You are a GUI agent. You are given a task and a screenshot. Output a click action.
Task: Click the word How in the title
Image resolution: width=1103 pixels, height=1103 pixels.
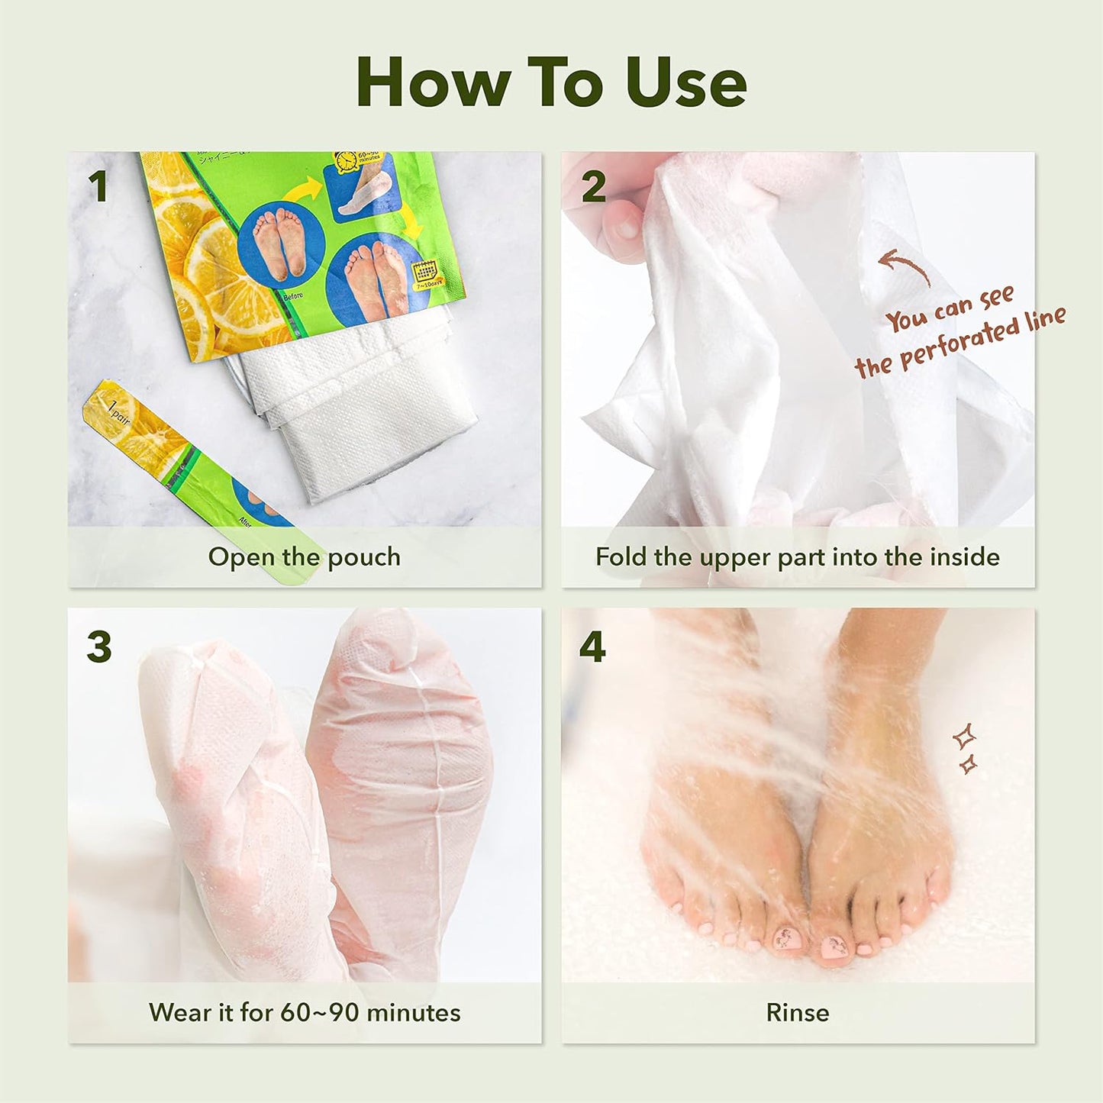433,82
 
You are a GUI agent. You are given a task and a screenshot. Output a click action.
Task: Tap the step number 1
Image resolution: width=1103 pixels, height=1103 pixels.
97,187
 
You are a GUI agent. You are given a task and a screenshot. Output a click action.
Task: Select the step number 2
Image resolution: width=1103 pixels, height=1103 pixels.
593,187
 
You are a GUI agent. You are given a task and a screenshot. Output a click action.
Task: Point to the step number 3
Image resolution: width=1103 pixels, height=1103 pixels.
99,647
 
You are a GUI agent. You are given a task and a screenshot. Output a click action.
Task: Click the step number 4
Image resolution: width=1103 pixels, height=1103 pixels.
592,647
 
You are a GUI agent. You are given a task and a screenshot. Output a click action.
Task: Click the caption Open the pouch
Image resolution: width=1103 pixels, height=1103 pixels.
304,557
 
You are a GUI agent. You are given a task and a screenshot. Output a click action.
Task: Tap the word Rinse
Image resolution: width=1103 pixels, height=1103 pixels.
798,1013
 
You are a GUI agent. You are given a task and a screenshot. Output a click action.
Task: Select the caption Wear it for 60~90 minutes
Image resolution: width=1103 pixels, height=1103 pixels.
304,1013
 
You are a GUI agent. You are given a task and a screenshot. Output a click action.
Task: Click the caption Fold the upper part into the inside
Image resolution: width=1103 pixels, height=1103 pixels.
798,557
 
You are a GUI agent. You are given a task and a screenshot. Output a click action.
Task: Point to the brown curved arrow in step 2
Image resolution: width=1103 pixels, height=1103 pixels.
905,267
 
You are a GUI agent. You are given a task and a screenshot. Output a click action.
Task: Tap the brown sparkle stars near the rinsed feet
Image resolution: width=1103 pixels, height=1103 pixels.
966,748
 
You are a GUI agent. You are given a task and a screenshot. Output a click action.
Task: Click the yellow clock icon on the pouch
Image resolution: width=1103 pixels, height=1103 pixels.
347,162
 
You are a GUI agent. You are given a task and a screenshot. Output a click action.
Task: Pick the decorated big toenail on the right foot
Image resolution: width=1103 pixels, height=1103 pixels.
836,947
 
